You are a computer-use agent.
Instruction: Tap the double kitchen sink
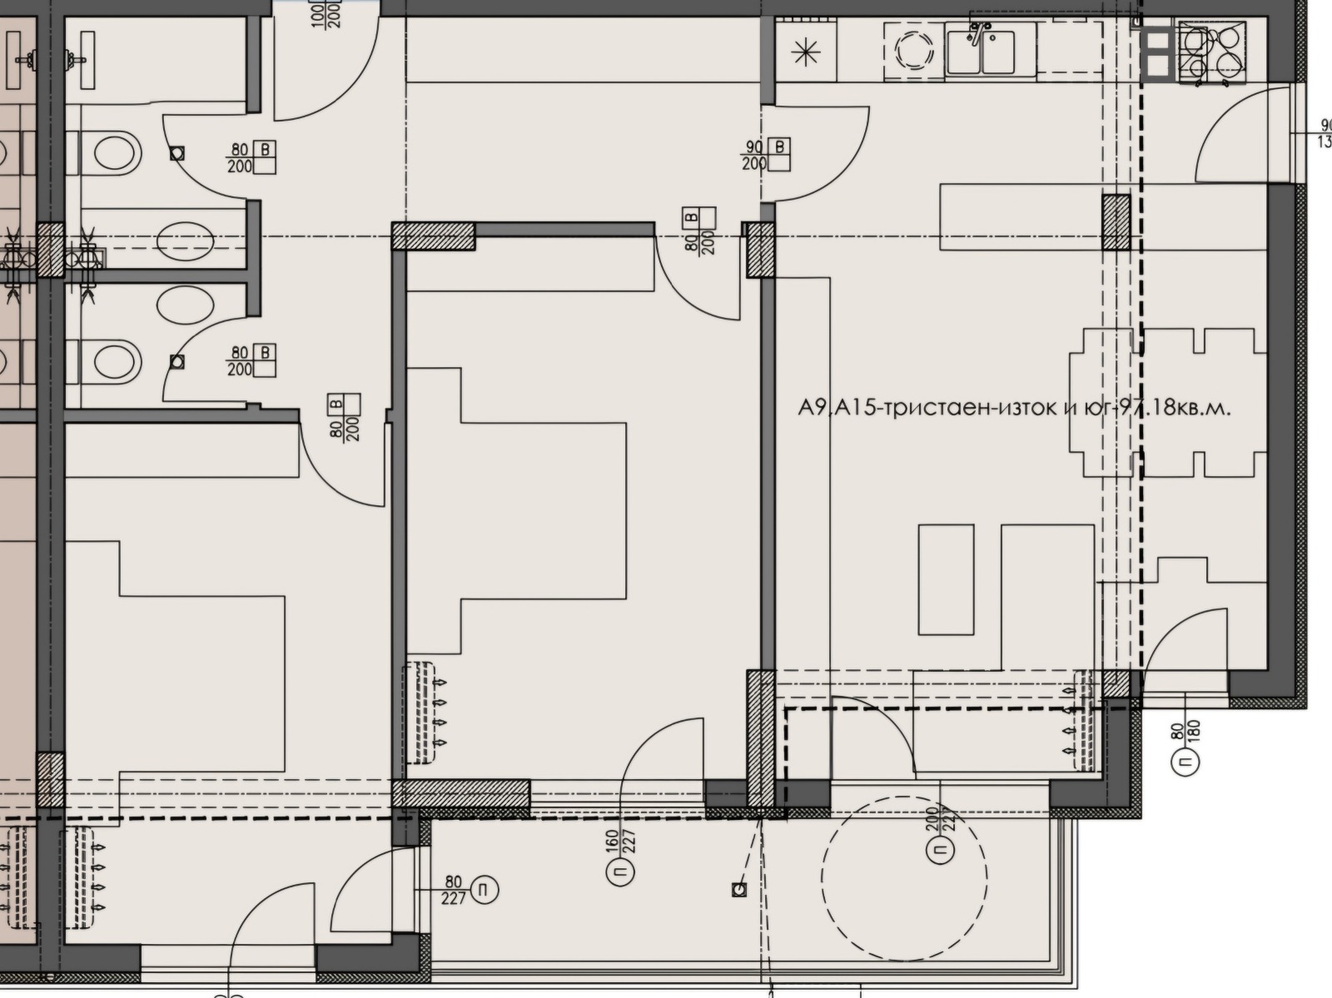coord(991,51)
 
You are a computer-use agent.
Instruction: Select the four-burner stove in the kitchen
coord(1211,52)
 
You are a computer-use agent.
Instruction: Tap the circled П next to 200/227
coord(939,850)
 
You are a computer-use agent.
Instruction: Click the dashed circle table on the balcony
coord(904,876)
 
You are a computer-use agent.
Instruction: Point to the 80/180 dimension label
coord(1185,732)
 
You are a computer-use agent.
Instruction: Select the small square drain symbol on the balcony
coord(738,890)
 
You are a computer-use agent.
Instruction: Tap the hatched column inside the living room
coord(1116,222)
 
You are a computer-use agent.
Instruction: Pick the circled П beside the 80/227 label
coord(484,891)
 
